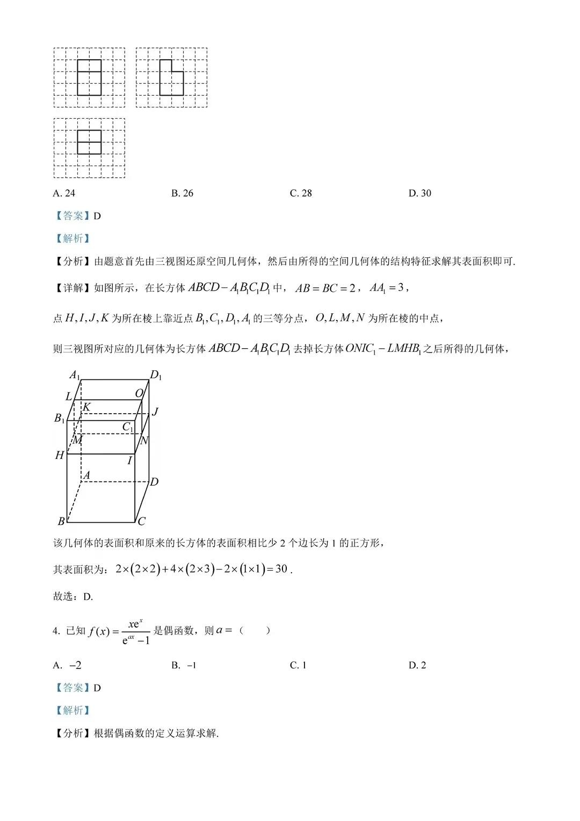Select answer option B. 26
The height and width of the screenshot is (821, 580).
pos(182,193)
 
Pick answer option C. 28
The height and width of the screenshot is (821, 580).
pos(301,193)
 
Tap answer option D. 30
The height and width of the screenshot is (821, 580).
pos(419,193)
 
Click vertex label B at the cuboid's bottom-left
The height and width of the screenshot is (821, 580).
pos(61,521)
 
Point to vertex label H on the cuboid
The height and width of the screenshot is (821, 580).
pos(60,456)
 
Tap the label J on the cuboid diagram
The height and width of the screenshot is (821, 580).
pos(155,412)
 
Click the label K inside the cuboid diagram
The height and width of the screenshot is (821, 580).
pos(86,407)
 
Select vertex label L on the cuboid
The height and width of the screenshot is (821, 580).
pos(68,397)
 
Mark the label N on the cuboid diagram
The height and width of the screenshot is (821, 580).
pos(144,441)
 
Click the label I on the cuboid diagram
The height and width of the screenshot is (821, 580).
pos(129,460)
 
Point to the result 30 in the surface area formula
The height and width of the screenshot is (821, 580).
pos(281,569)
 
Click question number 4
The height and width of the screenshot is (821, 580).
pos(56,631)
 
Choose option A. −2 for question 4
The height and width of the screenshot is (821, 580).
pos(67,665)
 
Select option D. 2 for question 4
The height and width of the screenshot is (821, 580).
pos(417,665)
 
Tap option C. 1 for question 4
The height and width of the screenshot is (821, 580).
pos(298,665)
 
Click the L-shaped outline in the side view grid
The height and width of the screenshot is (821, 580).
pos(171,77)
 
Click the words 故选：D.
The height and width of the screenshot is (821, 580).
pos(73,596)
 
